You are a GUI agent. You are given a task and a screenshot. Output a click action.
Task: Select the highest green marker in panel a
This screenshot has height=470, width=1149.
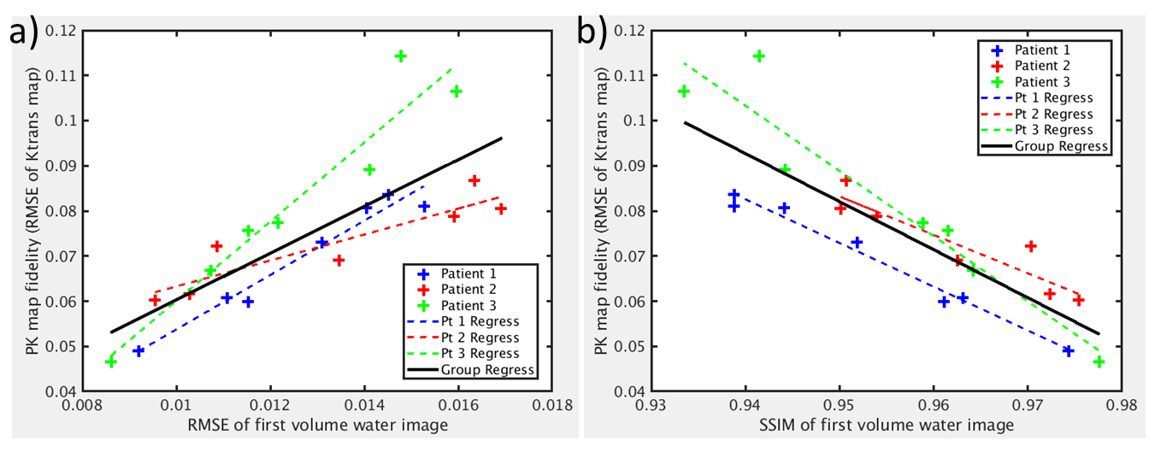[400, 56]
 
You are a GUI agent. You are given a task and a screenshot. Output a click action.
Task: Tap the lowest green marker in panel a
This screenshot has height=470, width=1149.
[111, 362]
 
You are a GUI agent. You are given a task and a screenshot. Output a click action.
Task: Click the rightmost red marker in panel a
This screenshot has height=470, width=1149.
[501, 209]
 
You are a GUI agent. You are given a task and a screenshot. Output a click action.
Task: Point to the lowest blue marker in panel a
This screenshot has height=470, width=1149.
[138, 351]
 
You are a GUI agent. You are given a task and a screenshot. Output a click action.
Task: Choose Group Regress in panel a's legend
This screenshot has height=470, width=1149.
[487, 370]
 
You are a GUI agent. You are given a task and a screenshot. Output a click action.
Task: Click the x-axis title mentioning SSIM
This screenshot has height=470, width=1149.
[886, 426]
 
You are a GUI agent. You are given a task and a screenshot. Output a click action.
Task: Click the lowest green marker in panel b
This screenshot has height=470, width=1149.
[1099, 362]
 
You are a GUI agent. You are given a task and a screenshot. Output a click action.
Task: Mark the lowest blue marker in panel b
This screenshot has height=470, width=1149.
[1068, 351]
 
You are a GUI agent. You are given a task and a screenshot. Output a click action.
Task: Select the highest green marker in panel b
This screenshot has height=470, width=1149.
[758, 56]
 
